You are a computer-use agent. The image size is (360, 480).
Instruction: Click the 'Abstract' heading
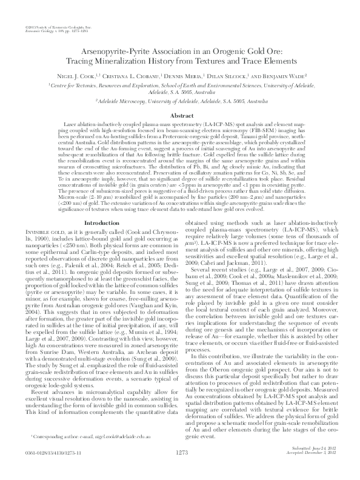click(180, 115)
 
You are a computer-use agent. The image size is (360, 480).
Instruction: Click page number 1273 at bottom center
click(180, 468)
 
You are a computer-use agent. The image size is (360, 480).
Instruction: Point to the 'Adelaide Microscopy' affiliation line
click(180, 103)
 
